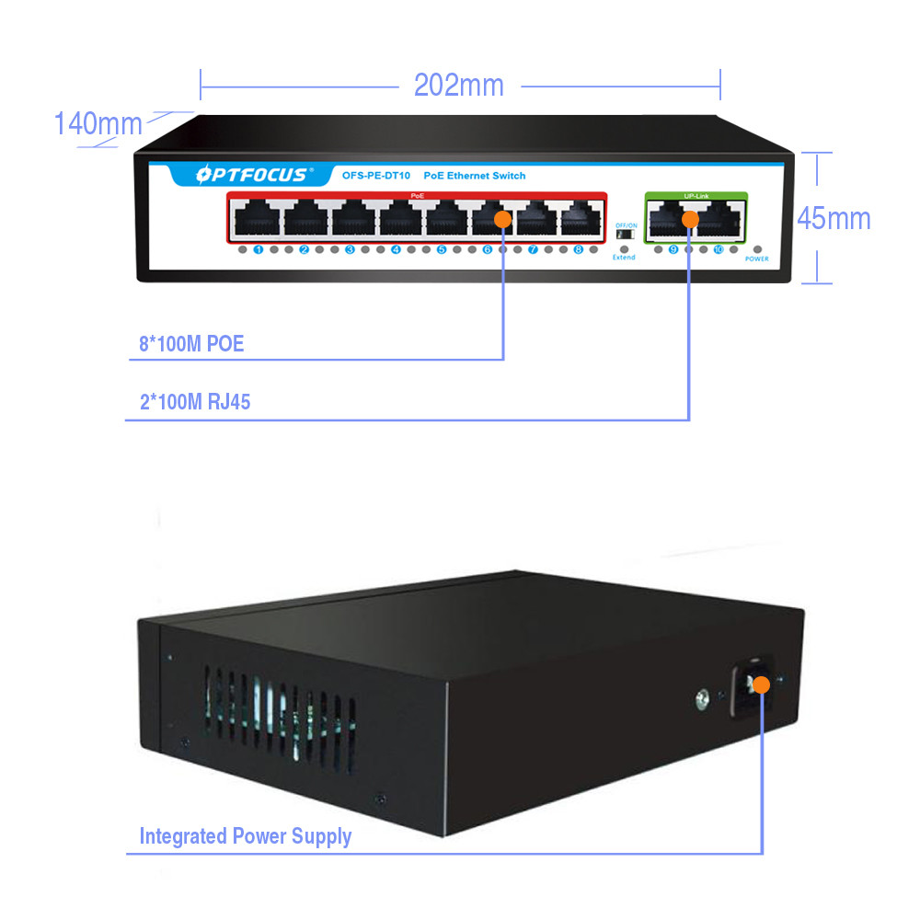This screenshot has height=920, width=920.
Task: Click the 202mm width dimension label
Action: [x=459, y=86]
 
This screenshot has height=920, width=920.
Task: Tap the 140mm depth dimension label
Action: [x=98, y=123]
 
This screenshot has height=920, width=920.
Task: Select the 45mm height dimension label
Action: [x=834, y=218]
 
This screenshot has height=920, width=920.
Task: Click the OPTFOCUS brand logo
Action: [x=242, y=175]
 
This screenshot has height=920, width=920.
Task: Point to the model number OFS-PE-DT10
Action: [x=375, y=175]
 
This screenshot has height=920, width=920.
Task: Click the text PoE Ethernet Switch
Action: [x=474, y=175]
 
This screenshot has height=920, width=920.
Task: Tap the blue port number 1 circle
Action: [x=259, y=249]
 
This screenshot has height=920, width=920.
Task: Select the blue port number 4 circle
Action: [x=396, y=249]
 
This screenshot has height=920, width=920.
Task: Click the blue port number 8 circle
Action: [x=578, y=249]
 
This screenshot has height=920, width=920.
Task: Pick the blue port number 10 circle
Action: [x=719, y=249]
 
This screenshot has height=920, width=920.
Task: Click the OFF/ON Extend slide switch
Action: [x=625, y=235]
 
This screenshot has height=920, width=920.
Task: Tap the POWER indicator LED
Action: [x=757, y=249]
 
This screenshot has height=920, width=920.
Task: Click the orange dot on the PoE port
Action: [x=502, y=219]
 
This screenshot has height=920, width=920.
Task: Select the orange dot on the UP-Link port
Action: [x=689, y=219]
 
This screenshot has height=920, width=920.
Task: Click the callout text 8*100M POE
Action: [x=191, y=345]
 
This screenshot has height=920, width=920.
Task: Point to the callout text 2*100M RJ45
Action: [x=194, y=401]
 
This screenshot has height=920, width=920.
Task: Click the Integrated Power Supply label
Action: [x=246, y=836]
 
